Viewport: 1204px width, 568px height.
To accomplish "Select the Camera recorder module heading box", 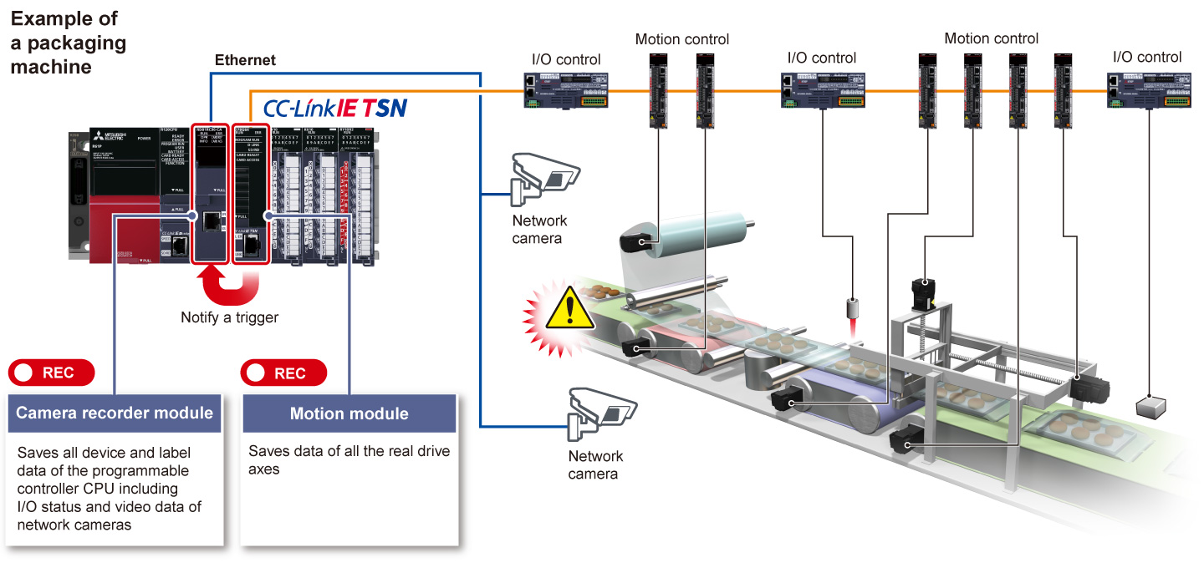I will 115,413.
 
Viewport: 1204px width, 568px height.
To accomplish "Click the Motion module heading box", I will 349,413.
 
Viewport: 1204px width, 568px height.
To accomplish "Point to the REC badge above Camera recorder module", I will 52,373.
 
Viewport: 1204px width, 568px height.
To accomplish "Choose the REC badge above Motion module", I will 283,373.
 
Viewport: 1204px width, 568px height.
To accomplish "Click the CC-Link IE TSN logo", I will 334,108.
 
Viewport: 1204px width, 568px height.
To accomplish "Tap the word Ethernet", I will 245,60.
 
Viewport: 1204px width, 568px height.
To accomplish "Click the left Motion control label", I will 682,39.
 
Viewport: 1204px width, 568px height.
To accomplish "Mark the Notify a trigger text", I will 230,317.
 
